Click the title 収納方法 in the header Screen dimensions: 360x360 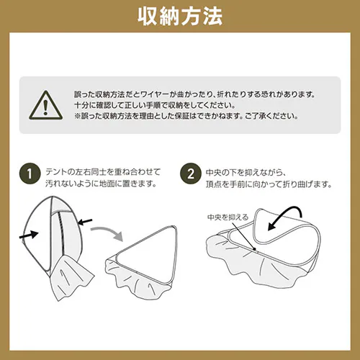point(180,16)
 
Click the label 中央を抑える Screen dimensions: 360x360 point(228,216)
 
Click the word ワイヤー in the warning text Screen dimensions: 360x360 point(170,94)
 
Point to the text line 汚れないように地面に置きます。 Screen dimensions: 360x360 point(104,184)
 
